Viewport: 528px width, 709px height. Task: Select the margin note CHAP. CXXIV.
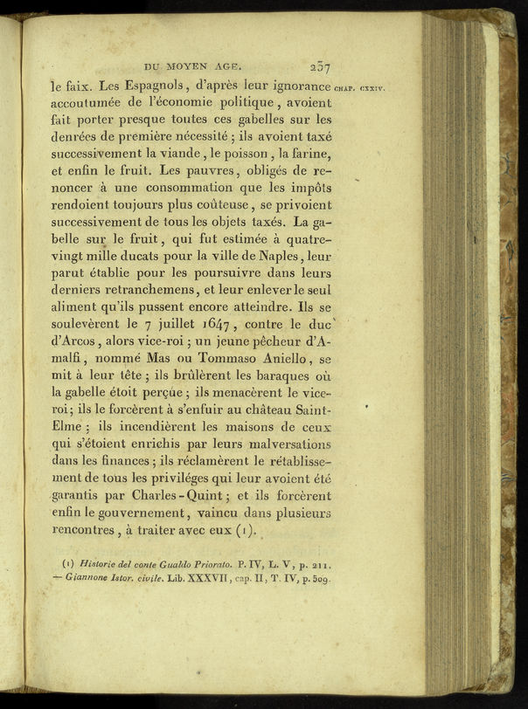click(x=359, y=87)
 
